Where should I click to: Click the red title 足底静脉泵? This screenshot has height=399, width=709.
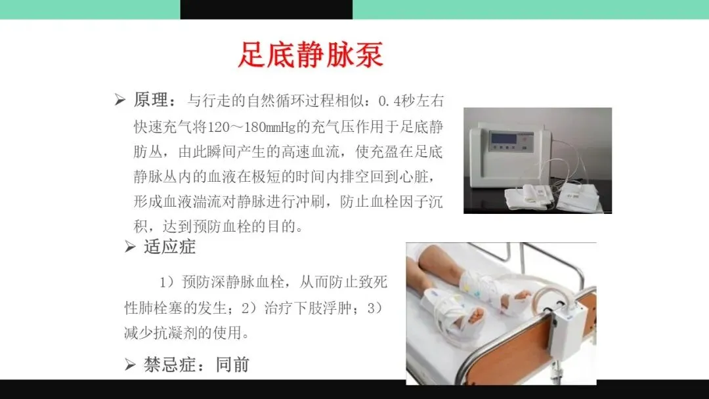tap(311, 55)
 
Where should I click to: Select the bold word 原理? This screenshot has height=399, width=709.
tap(151, 100)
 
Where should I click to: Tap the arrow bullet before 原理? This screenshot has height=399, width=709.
tap(120, 99)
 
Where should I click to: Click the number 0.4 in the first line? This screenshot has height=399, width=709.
tap(389, 101)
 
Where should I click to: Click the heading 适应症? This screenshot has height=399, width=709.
tap(169, 247)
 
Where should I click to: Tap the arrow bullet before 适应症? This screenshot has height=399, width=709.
tap(130, 247)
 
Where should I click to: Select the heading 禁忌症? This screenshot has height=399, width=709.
tap(169, 365)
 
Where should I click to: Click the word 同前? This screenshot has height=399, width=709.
tap(232, 365)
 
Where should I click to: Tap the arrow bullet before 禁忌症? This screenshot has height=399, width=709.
tap(130, 364)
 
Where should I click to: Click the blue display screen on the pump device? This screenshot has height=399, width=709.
tap(505, 138)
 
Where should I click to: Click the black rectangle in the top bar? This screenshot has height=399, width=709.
tap(267, 9)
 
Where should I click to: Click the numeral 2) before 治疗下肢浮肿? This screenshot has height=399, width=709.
tap(249, 308)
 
